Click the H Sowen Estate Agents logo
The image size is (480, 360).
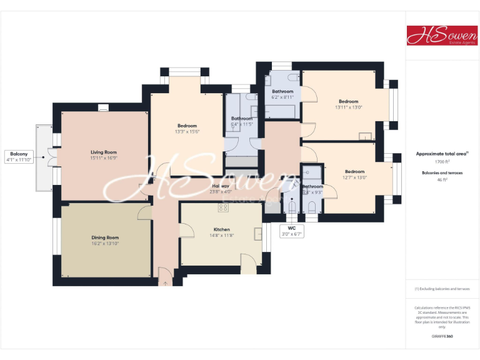pos(442,36)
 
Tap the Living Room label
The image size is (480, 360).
pos(104,152)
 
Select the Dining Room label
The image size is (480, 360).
pos(104,237)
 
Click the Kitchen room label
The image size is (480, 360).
pos(222,229)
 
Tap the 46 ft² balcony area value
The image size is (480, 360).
pos(442,180)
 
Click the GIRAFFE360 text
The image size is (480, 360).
pos(442,336)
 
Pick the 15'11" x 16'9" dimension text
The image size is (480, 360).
pos(104,158)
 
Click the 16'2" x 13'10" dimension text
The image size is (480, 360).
pos(104,243)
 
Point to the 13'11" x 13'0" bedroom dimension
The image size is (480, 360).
pos(349,107)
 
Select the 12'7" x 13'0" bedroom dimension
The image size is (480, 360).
pos(354,177)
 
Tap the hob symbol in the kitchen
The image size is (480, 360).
pos(222,207)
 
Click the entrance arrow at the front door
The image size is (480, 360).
pos(165,283)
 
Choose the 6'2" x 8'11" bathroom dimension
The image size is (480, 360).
pos(282,97)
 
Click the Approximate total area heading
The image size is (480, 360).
pos(442,153)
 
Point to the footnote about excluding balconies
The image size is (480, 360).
pos(442,289)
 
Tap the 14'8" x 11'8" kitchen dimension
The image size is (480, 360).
pos(222,236)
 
